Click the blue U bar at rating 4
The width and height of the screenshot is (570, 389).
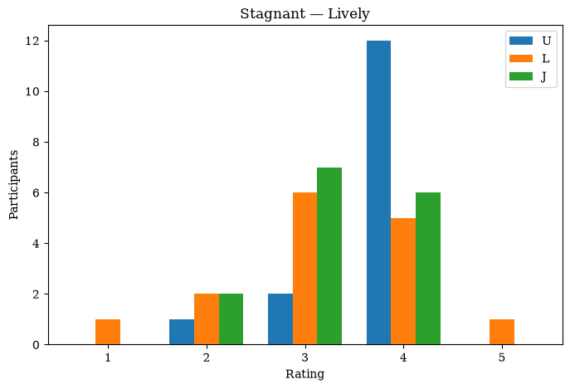point(379,192)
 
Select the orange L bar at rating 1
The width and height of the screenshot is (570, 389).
point(108,332)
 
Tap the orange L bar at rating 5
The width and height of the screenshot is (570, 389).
point(502,332)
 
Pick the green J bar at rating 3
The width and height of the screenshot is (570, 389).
point(329,256)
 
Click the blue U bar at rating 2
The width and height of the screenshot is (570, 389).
point(182,332)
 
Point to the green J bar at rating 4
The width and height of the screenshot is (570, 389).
point(428,269)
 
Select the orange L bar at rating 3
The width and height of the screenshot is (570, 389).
point(305,269)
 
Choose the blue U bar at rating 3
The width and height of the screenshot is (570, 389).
point(280,319)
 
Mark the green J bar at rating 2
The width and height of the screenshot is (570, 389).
point(231,319)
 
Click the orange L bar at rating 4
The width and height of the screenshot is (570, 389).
point(403,281)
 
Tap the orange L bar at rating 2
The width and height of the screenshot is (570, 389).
point(207,319)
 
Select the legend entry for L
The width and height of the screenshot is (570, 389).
point(529,59)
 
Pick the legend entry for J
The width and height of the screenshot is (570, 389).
point(528,76)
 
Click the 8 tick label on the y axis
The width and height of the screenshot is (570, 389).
point(36,142)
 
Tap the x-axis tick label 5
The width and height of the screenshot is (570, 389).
point(502,357)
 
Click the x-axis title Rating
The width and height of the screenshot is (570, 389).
point(305,374)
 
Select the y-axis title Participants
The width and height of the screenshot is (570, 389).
point(14,185)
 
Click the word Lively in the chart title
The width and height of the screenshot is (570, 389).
point(349,14)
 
